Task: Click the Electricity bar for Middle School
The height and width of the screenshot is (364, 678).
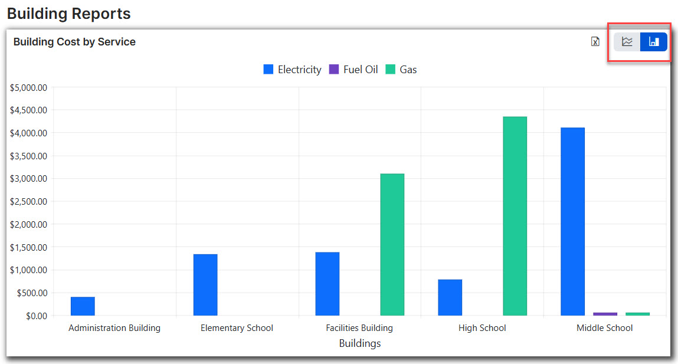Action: tap(572, 221)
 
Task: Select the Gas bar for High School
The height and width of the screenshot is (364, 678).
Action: tap(515, 216)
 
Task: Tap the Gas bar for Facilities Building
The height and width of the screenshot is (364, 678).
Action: tap(392, 244)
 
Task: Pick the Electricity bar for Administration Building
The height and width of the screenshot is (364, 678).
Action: tap(83, 306)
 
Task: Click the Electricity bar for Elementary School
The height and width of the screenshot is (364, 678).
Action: tap(205, 284)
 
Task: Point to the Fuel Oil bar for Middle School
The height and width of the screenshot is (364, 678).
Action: tap(605, 314)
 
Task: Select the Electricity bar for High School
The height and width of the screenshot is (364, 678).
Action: tap(450, 297)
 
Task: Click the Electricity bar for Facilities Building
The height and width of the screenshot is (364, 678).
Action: tap(327, 284)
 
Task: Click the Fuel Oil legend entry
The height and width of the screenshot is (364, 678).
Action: tap(353, 70)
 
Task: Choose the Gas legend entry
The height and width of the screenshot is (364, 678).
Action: tap(401, 70)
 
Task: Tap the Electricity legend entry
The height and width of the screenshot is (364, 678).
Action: tap(293, 70)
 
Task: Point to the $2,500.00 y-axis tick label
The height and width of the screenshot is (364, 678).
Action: tap(28, 201)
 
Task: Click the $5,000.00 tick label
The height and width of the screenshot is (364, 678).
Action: tap(28, 87)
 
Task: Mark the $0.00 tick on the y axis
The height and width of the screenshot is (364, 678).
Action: tap(36, 316)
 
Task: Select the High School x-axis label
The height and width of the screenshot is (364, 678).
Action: tap(482, 328)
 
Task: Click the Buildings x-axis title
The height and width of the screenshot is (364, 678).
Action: tap(360, 343)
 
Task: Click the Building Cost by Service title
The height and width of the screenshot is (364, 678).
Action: tap(74, 42)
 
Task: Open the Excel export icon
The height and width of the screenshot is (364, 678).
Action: tap(595, 41)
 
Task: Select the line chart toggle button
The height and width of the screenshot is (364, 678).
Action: tap(627, 42)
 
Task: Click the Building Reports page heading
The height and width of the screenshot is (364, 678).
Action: tap(69, 13)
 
